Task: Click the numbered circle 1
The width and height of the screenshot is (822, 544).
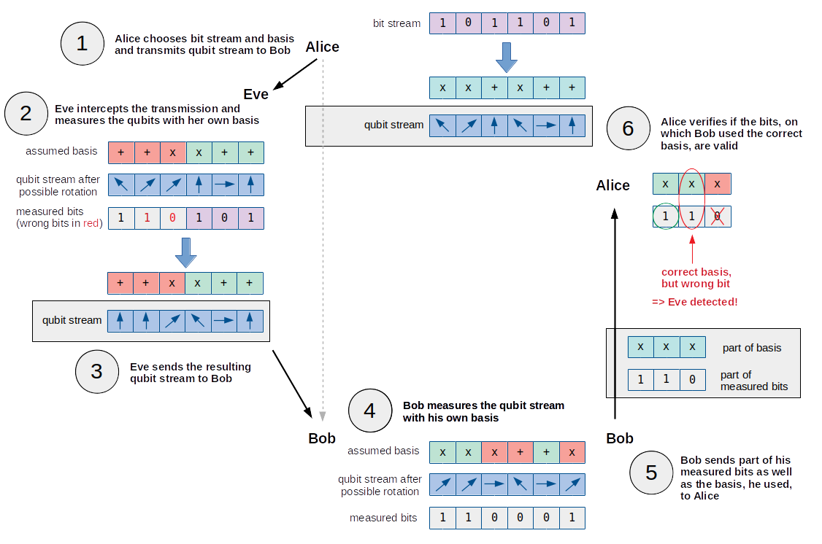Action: (82, 44)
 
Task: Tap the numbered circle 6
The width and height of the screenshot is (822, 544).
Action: (628, 128)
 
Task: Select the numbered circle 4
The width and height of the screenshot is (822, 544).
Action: (369, 411)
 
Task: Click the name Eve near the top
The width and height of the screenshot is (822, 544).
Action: (256, 94)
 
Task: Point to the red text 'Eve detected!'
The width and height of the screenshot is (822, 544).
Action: (694, 301)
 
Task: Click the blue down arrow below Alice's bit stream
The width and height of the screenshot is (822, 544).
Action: (507, 55)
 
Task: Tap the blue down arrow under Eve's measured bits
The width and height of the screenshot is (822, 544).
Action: (185, 251)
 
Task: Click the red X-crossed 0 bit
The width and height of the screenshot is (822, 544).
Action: (718, 217)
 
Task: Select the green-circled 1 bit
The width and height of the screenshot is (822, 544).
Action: (666, 217)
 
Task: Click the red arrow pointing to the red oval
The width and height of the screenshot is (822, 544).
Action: (692, 248)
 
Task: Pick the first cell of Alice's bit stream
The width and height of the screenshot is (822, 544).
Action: (442, 23)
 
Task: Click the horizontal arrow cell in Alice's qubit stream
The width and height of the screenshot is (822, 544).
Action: (545, 125)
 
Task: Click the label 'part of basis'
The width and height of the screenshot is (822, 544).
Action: (752, 348)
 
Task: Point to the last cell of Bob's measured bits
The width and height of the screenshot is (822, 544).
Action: (572, 518)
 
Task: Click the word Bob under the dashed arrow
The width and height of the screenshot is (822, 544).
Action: (322, 438)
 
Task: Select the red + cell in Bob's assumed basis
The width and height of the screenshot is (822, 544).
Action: (520, 452)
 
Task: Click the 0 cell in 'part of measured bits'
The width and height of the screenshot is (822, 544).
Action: (692, 380)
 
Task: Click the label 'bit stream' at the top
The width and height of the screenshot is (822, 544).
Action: (396, 23)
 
